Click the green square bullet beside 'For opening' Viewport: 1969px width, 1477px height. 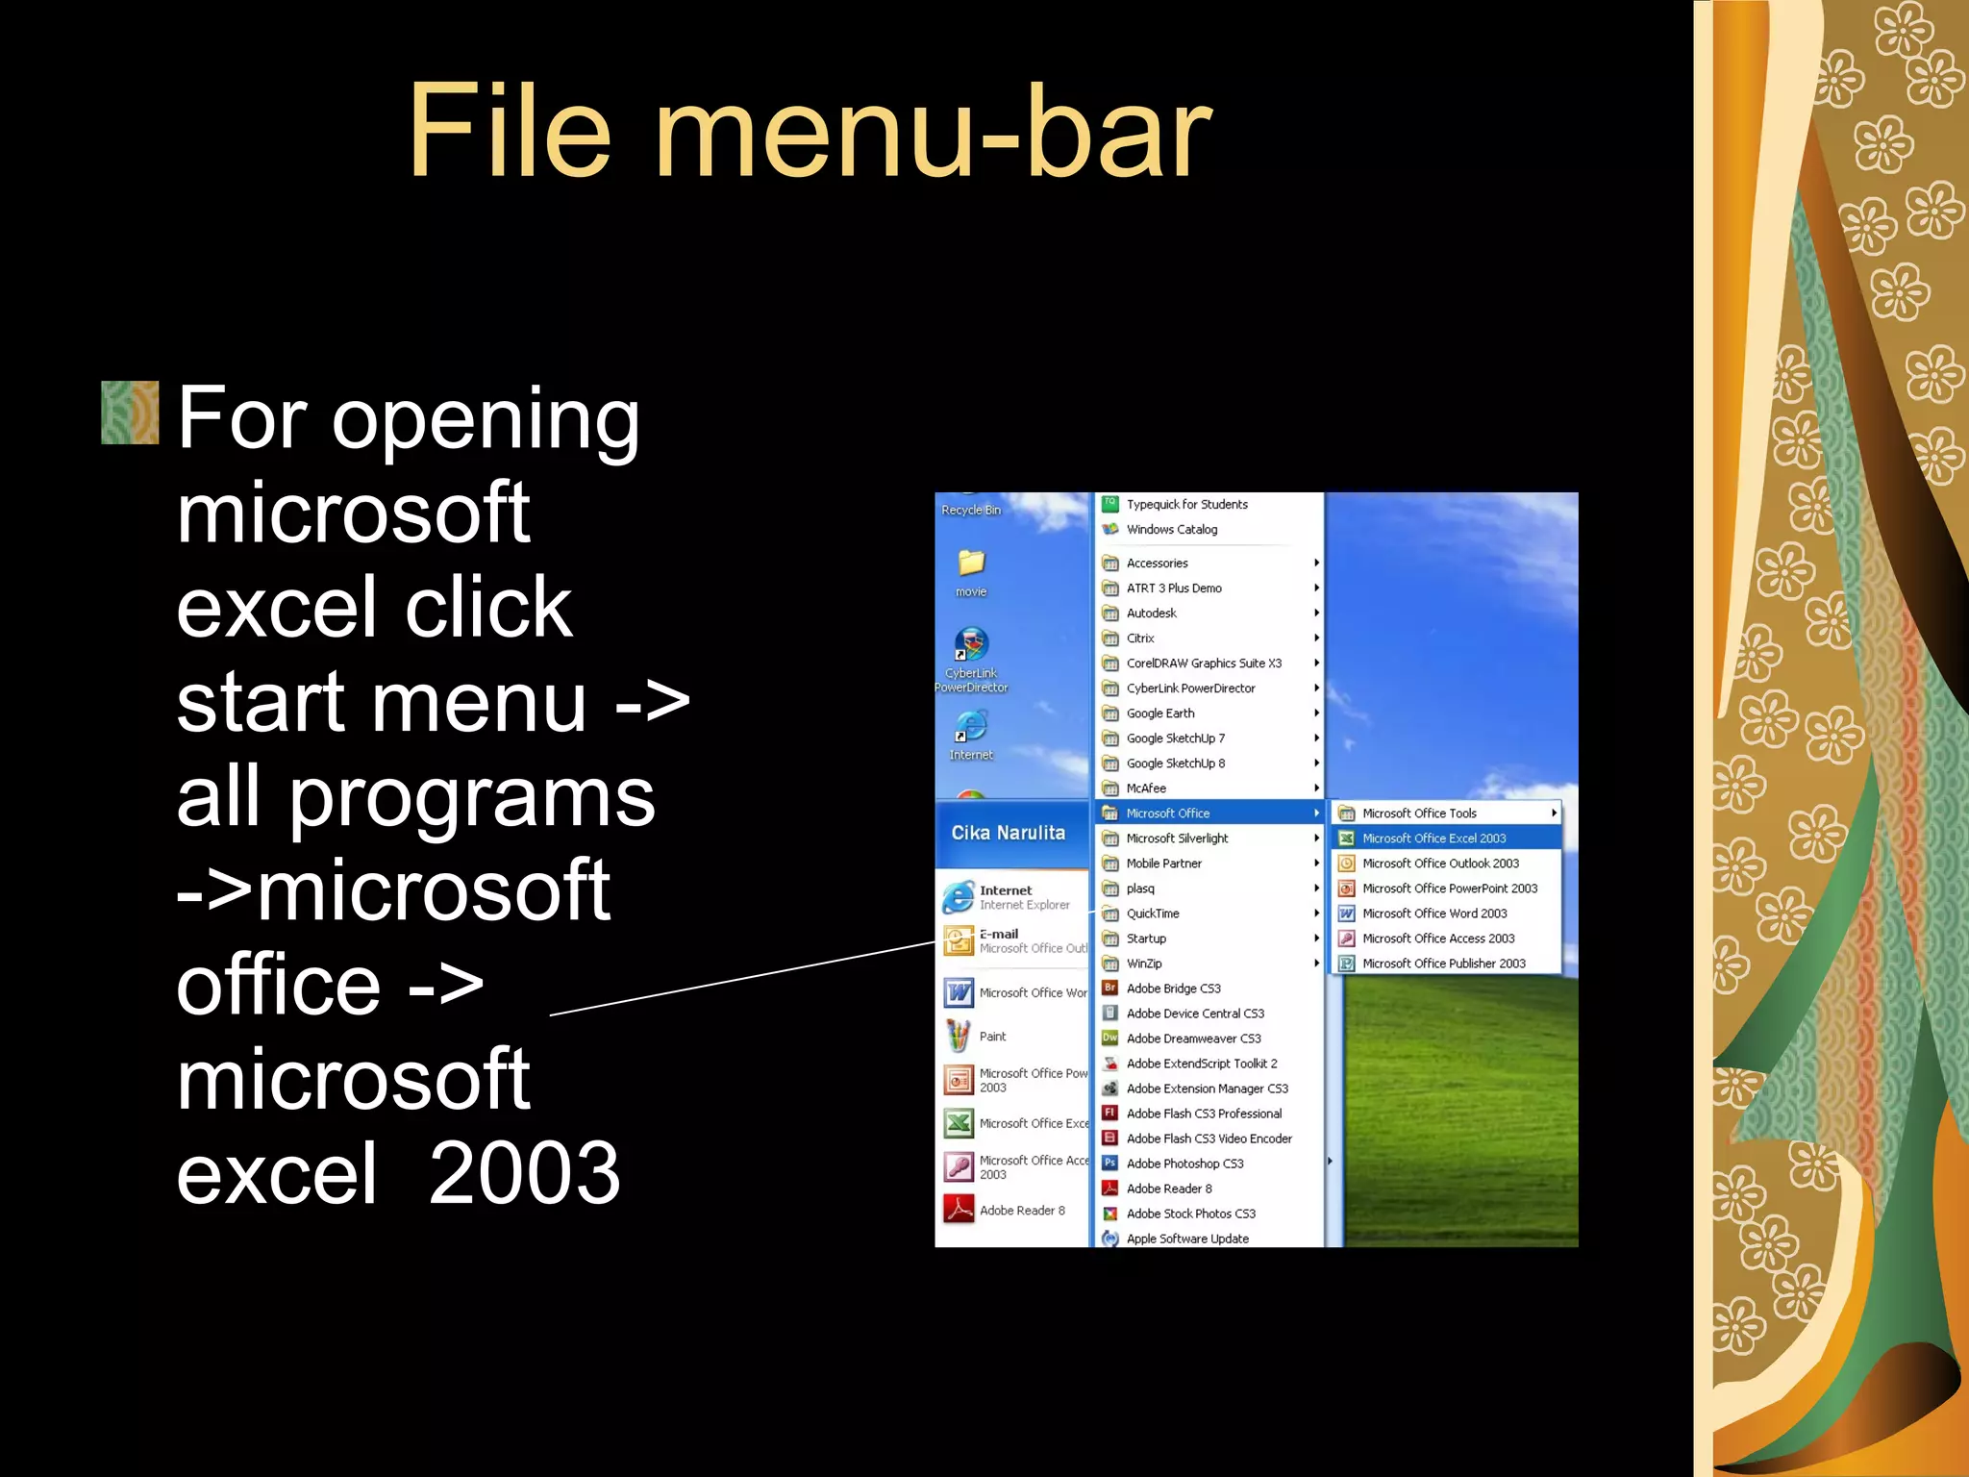click(x=130, y=413)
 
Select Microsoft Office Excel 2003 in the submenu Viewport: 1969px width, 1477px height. click(x=1433, y=839)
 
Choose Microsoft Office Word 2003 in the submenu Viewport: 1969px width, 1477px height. click(x=1433, y=914)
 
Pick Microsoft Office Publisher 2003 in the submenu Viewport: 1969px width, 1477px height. click(x=1443, y=964)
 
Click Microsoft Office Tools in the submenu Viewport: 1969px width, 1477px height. click(x=1419, y=814)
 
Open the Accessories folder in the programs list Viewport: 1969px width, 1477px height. click(x=1157, y=563)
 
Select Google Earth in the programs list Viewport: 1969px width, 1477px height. click(x=1160, y=713)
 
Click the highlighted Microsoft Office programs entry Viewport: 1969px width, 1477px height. click(x=1167, y=814)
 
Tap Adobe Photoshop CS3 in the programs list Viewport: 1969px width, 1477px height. click(x=1184, y=1164)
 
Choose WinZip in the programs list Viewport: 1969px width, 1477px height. click(x=1144, y=964)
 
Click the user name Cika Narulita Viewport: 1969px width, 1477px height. click(x=1008, y=833)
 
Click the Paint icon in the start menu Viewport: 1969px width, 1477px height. click(x=959, y=1036)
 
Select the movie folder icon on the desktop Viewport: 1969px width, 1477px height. click(x=971, y=563)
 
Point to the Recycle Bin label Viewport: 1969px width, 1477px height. click(x=971, y=511)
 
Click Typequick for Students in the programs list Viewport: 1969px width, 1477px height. click(x=1186, y=504)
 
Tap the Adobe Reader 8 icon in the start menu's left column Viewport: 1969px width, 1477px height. click(x=959, y=1210)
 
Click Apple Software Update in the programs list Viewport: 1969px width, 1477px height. click(x=1187, y=1239)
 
